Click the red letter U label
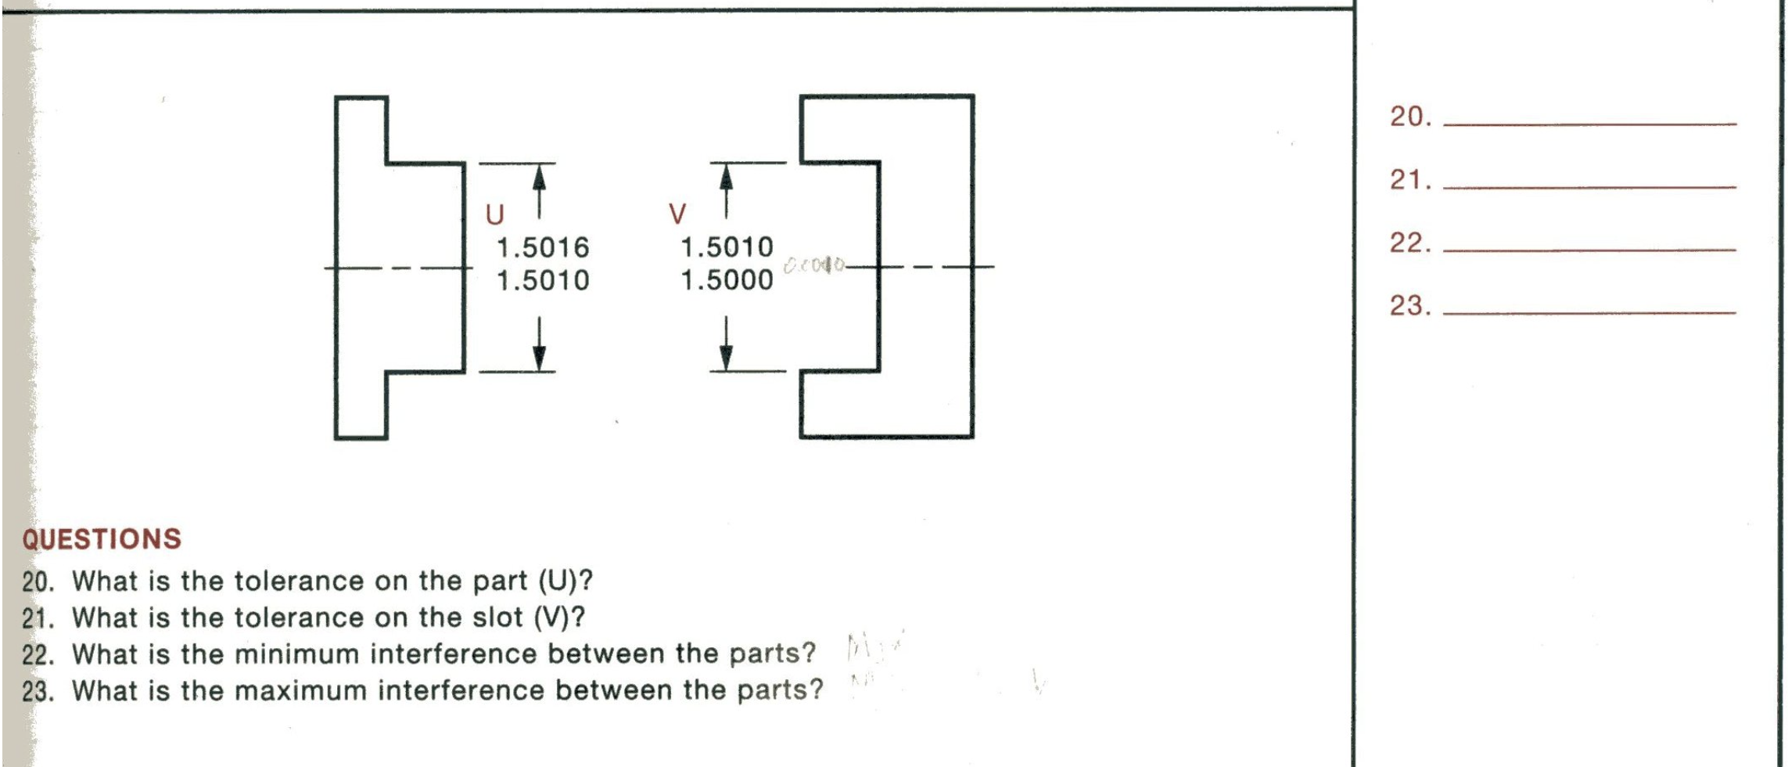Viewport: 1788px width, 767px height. [x=494, y=214]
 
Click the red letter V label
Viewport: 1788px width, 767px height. [x=677, y=213]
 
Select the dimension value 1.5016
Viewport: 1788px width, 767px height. [x=543, y=247]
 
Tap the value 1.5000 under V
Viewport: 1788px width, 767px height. [x=727, y=280]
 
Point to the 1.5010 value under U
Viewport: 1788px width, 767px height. [x=543, y=280]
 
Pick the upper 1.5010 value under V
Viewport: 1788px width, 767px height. [x=727, y=247]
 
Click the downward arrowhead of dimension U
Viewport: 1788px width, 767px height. [x=539, y=357]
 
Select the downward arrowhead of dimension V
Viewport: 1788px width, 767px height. [x=727, y=357]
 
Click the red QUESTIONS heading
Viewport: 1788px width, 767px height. [x=102, y=539]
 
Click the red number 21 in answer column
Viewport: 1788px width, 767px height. [x=1409, y=180]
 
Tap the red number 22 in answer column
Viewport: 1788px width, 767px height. [x=1409, y=243]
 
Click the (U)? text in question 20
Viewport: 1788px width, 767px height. [x=565, y=581]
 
